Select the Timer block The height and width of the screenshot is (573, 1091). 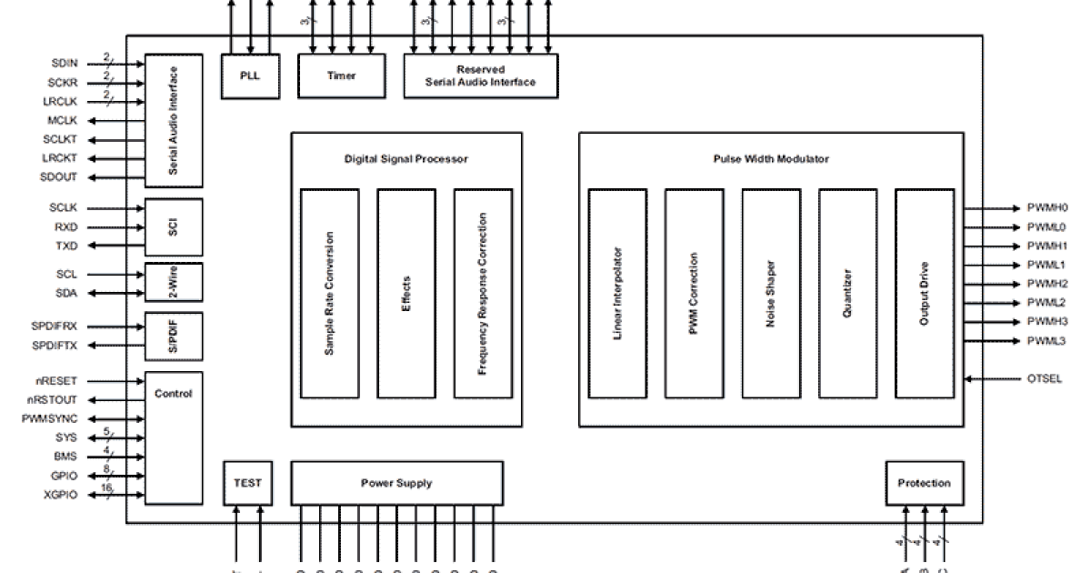(341, 75)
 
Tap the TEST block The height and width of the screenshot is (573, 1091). (247, 483)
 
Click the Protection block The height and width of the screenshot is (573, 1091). (924, 483)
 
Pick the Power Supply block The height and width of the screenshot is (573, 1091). (396, 483)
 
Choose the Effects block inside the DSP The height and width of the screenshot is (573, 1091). (406, 293)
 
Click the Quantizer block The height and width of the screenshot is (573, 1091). (847, 293)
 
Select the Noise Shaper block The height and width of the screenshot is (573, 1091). (771, 293)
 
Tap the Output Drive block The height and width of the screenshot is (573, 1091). (924, 293)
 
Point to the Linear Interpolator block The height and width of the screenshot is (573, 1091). (617, 293)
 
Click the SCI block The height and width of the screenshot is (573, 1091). (173, 226)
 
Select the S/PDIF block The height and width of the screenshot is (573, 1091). (173, 336)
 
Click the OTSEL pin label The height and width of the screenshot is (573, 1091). (1044, 378)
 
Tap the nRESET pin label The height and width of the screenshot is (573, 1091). (67, 382)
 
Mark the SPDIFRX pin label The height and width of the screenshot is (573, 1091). (56, 327)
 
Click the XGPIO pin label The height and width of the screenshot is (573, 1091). (61, 495)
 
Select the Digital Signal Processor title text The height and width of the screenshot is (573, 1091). (405, 159)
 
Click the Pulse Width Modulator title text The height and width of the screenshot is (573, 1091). (770, 159)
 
